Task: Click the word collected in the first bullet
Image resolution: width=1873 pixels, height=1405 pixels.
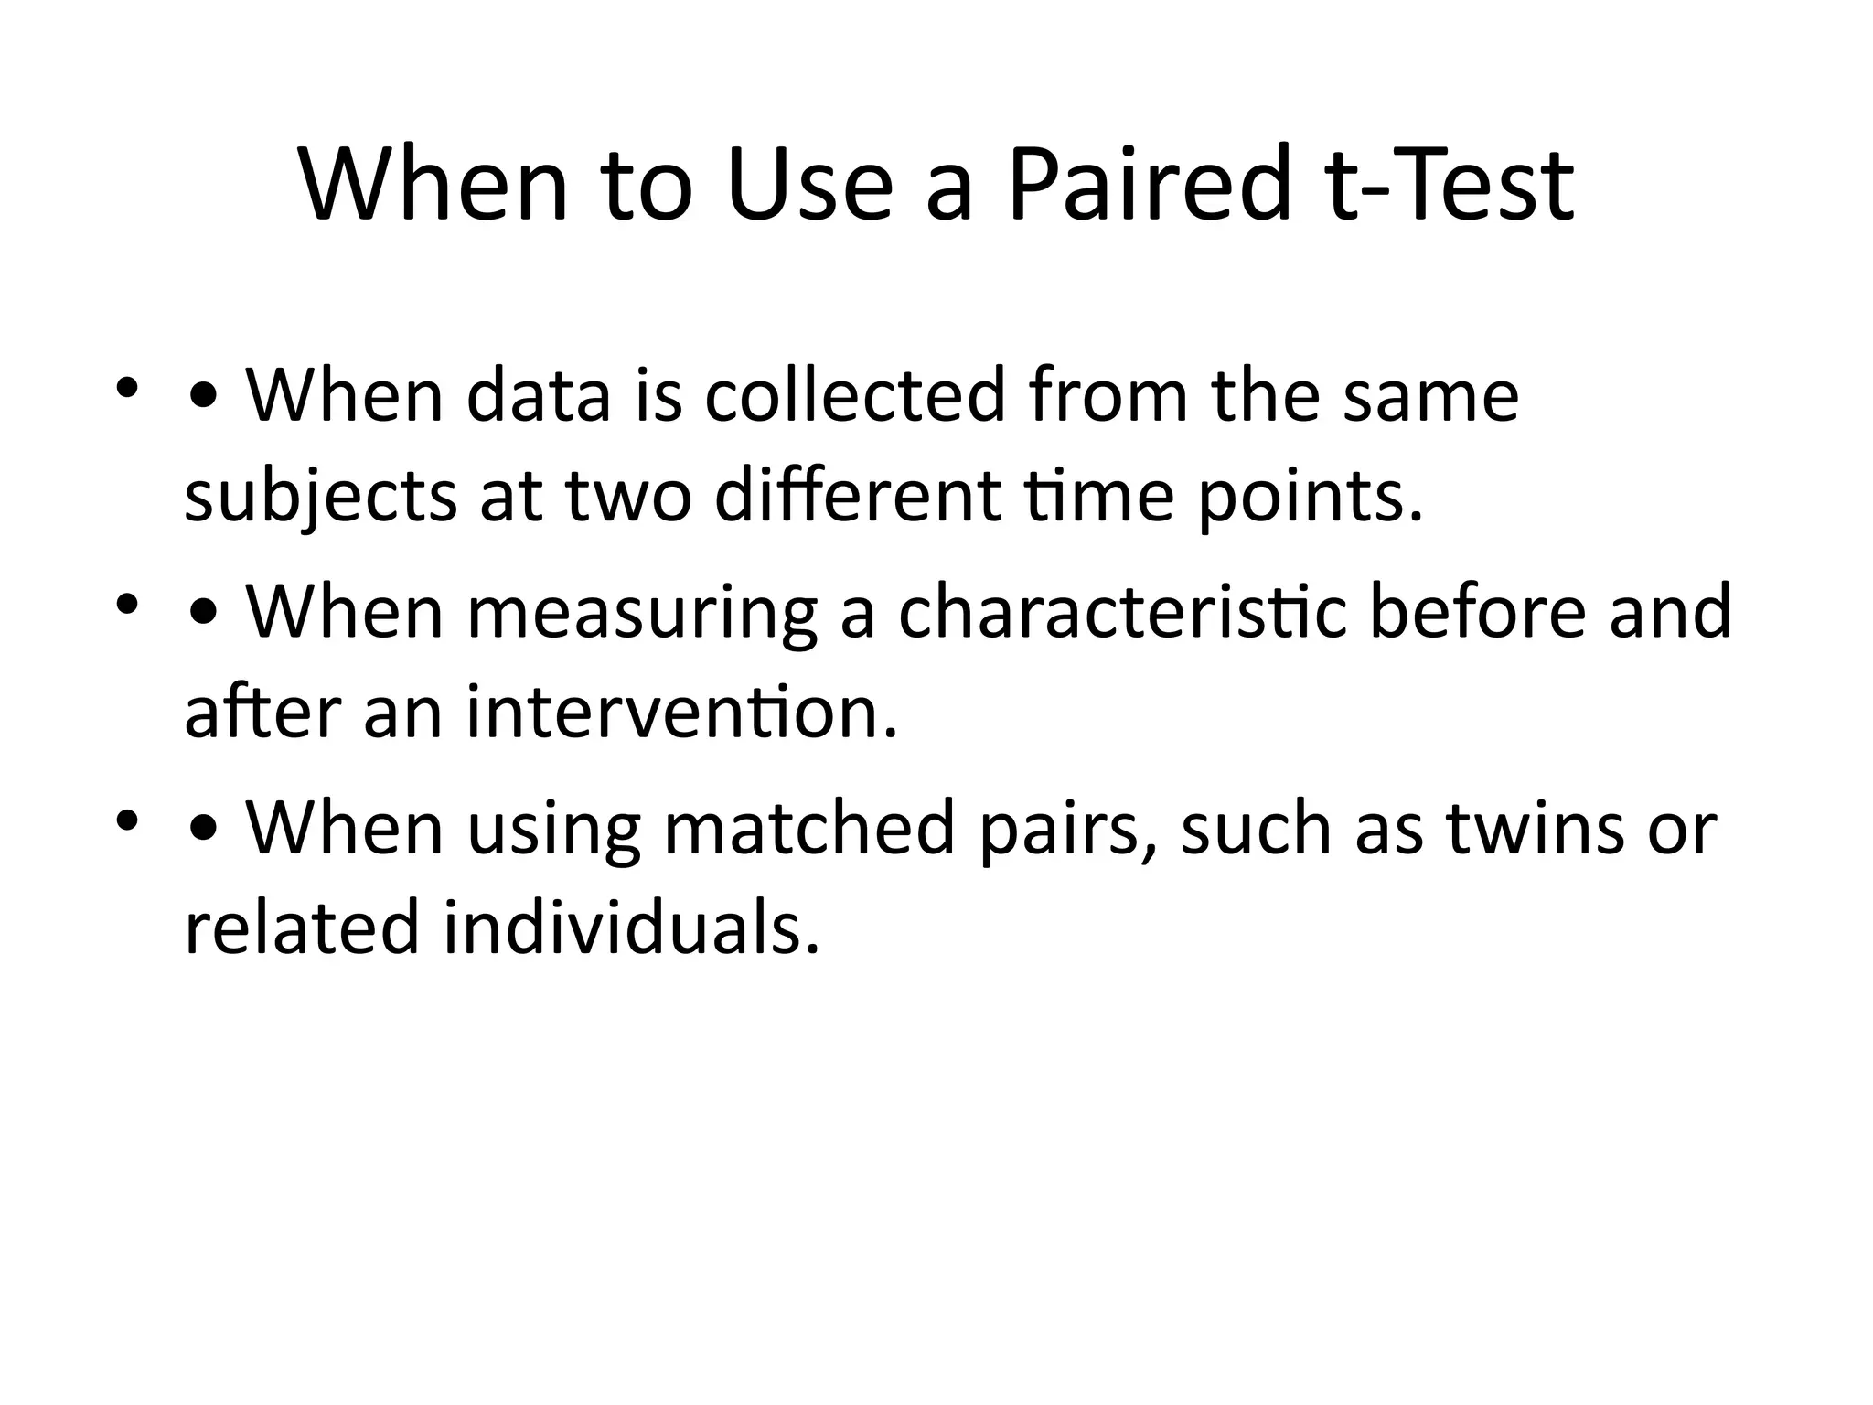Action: pos(854,396)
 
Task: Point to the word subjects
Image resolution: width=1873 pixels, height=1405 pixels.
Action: pos(320,499)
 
